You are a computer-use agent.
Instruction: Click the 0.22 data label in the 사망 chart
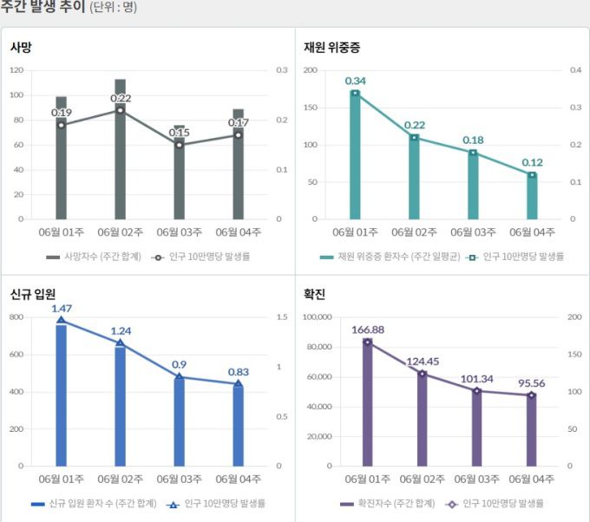[121, 98]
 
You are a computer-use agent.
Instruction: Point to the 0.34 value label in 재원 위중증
[355, 81]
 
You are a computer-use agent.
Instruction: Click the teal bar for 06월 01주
[355, 156]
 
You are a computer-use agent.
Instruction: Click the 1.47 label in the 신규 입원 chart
[61, 308]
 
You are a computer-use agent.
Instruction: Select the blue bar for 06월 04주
[238, 425]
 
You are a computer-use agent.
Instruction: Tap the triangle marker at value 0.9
[179, 377]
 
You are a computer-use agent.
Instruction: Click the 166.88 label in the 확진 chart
[368, 330]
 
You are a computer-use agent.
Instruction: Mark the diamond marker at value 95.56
[532, 395]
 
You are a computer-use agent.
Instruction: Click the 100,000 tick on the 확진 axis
[317, 317]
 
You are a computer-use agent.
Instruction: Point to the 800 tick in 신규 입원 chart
[17, 317]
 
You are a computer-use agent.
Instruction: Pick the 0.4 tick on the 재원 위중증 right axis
[574, 70]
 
